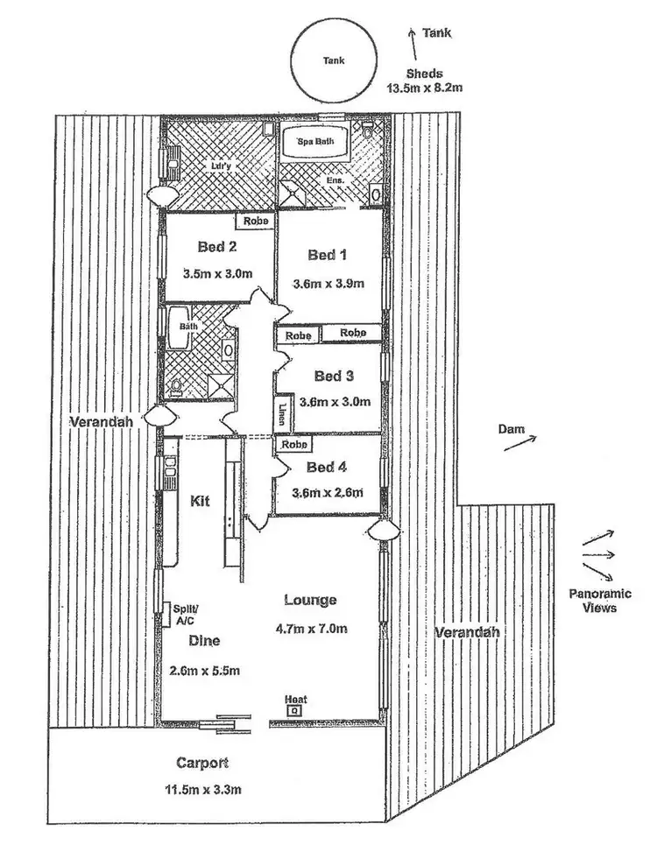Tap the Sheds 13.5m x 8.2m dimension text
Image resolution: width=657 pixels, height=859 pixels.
430,88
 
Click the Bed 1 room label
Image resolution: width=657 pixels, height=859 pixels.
328,255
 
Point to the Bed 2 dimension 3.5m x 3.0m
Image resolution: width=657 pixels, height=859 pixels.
215,273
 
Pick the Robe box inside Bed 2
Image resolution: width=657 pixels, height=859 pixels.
256,222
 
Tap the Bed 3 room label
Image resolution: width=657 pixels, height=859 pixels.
334,377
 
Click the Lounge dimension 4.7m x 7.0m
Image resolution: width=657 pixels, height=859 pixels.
311,628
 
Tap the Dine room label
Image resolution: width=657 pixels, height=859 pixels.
204,640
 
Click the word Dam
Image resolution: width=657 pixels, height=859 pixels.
511,429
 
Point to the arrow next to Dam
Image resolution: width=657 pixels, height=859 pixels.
520,444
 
